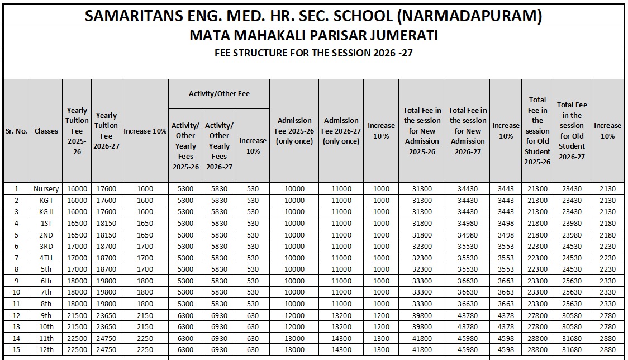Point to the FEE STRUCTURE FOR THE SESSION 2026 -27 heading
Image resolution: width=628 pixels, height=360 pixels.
click(x=313, y=53)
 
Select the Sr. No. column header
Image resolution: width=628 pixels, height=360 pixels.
click(x=16, y=131)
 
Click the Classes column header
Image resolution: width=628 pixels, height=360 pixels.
click(x=46, y=131)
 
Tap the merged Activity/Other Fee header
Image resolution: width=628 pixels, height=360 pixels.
click(x=219, y=93)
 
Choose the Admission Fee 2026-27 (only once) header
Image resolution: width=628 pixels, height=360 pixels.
click(x=341, y=131)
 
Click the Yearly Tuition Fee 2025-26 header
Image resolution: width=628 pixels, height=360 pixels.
click(x=77, y=131)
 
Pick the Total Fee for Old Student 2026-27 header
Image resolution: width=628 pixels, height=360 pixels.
click(x=572, y=131)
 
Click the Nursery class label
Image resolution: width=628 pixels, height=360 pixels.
click(x=46, y=189)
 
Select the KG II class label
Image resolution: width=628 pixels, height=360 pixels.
click(x=46, y=212)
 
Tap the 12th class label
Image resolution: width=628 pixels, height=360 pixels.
click(x=46, y=350)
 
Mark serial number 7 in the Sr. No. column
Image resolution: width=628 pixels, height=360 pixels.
click(x=16, y=258)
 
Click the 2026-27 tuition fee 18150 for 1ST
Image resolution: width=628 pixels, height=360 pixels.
click(x=106, y=224)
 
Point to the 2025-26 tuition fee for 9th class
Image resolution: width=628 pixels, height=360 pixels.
click(x=77, y=315)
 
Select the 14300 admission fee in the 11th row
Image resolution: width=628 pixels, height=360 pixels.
click(x=341, y=338)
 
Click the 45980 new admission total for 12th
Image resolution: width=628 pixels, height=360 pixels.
click(x=467, y=350)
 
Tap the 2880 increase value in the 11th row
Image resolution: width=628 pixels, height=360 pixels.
click(x=607, y=338)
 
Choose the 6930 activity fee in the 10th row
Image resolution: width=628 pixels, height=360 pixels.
click(x=219, y=327)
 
